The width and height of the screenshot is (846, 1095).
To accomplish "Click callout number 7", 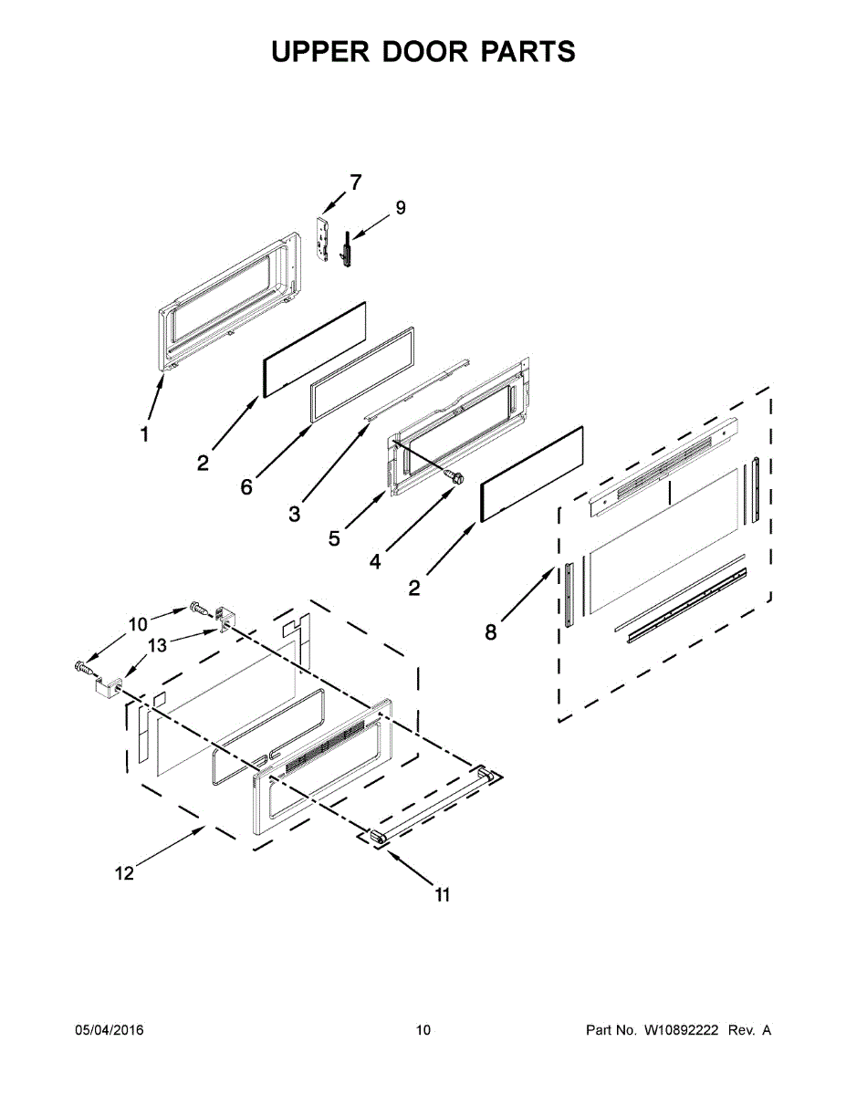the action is click(x=355, y=182).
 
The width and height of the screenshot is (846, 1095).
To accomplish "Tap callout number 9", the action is click(x=400, y=208).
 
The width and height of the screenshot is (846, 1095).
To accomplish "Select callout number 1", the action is click(x=144, y=435).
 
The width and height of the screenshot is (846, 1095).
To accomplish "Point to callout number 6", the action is click(x=246, y=487).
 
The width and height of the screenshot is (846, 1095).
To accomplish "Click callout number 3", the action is click(x=294, y=515).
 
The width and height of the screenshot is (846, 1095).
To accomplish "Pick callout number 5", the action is click(x=335, y=538).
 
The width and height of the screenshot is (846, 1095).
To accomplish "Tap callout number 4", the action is click(x=375, y=562).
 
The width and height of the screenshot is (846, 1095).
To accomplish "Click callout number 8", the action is click(x=491, y=631).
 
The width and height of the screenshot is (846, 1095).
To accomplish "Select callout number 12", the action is click(x=124, y=873).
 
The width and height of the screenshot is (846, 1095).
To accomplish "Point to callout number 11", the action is click(x=442, y=895).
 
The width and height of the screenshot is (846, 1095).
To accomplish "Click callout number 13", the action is click(x=158, y=646).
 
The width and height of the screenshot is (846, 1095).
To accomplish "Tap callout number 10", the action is click(x=137, y=625).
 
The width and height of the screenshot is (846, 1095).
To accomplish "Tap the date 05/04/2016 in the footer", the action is click(x=109, y=1030).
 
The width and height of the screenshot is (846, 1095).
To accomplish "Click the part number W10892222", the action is click(x=679, y=1030).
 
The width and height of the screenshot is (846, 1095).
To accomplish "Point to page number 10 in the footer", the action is click(x=423, y=1030).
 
